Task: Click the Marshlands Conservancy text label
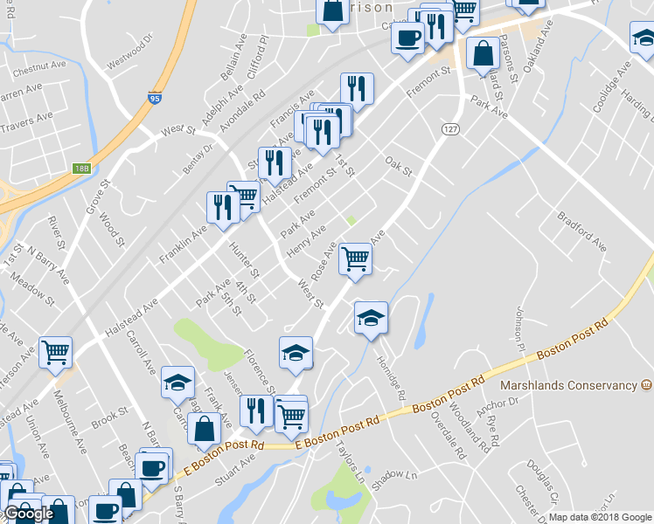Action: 567,385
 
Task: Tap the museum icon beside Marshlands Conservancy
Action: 646,384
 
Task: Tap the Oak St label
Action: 398,166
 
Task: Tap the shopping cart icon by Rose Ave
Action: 355,258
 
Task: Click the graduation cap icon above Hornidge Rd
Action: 371,317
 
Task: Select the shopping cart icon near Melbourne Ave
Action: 55,352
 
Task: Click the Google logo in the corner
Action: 30,514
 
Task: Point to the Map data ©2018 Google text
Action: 600,517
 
